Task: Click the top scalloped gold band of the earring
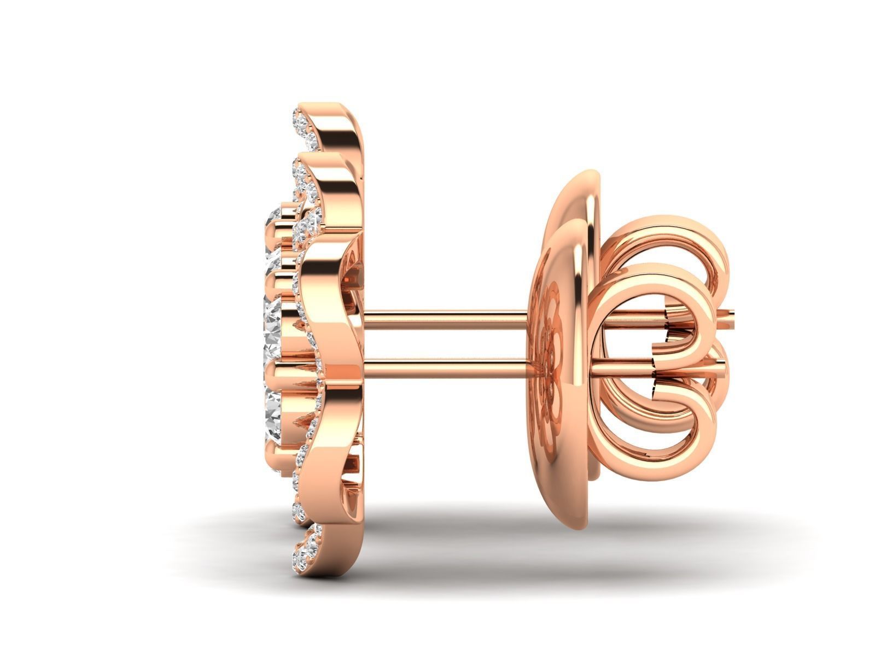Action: click(345, 131)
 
